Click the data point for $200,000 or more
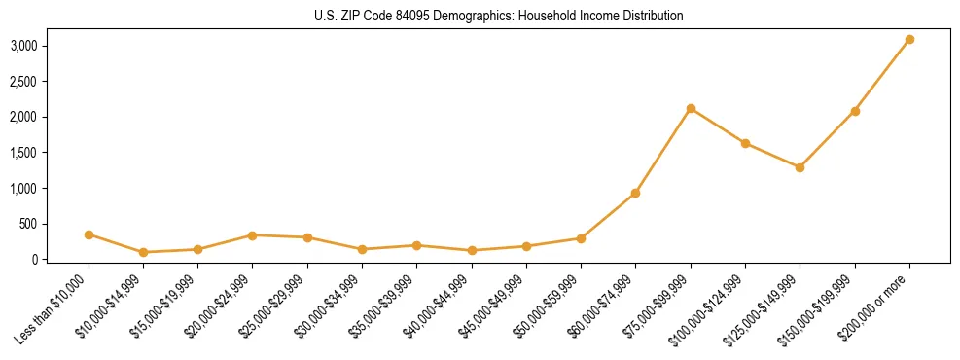click(x=909, y=40)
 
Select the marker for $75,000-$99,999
click(x=691, y=108)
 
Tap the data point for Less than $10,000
click(x=89, y=234)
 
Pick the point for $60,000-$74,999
click(x=635, y=193)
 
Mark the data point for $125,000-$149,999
click(x=800, y=167)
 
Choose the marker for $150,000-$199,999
click(x=855, y=111)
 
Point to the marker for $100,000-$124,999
click(x=745, y=143)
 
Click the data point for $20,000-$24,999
click(x=253, y=235)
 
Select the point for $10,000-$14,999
click(x=143, y=252)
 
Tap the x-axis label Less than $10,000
click(x=57, y=309)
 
